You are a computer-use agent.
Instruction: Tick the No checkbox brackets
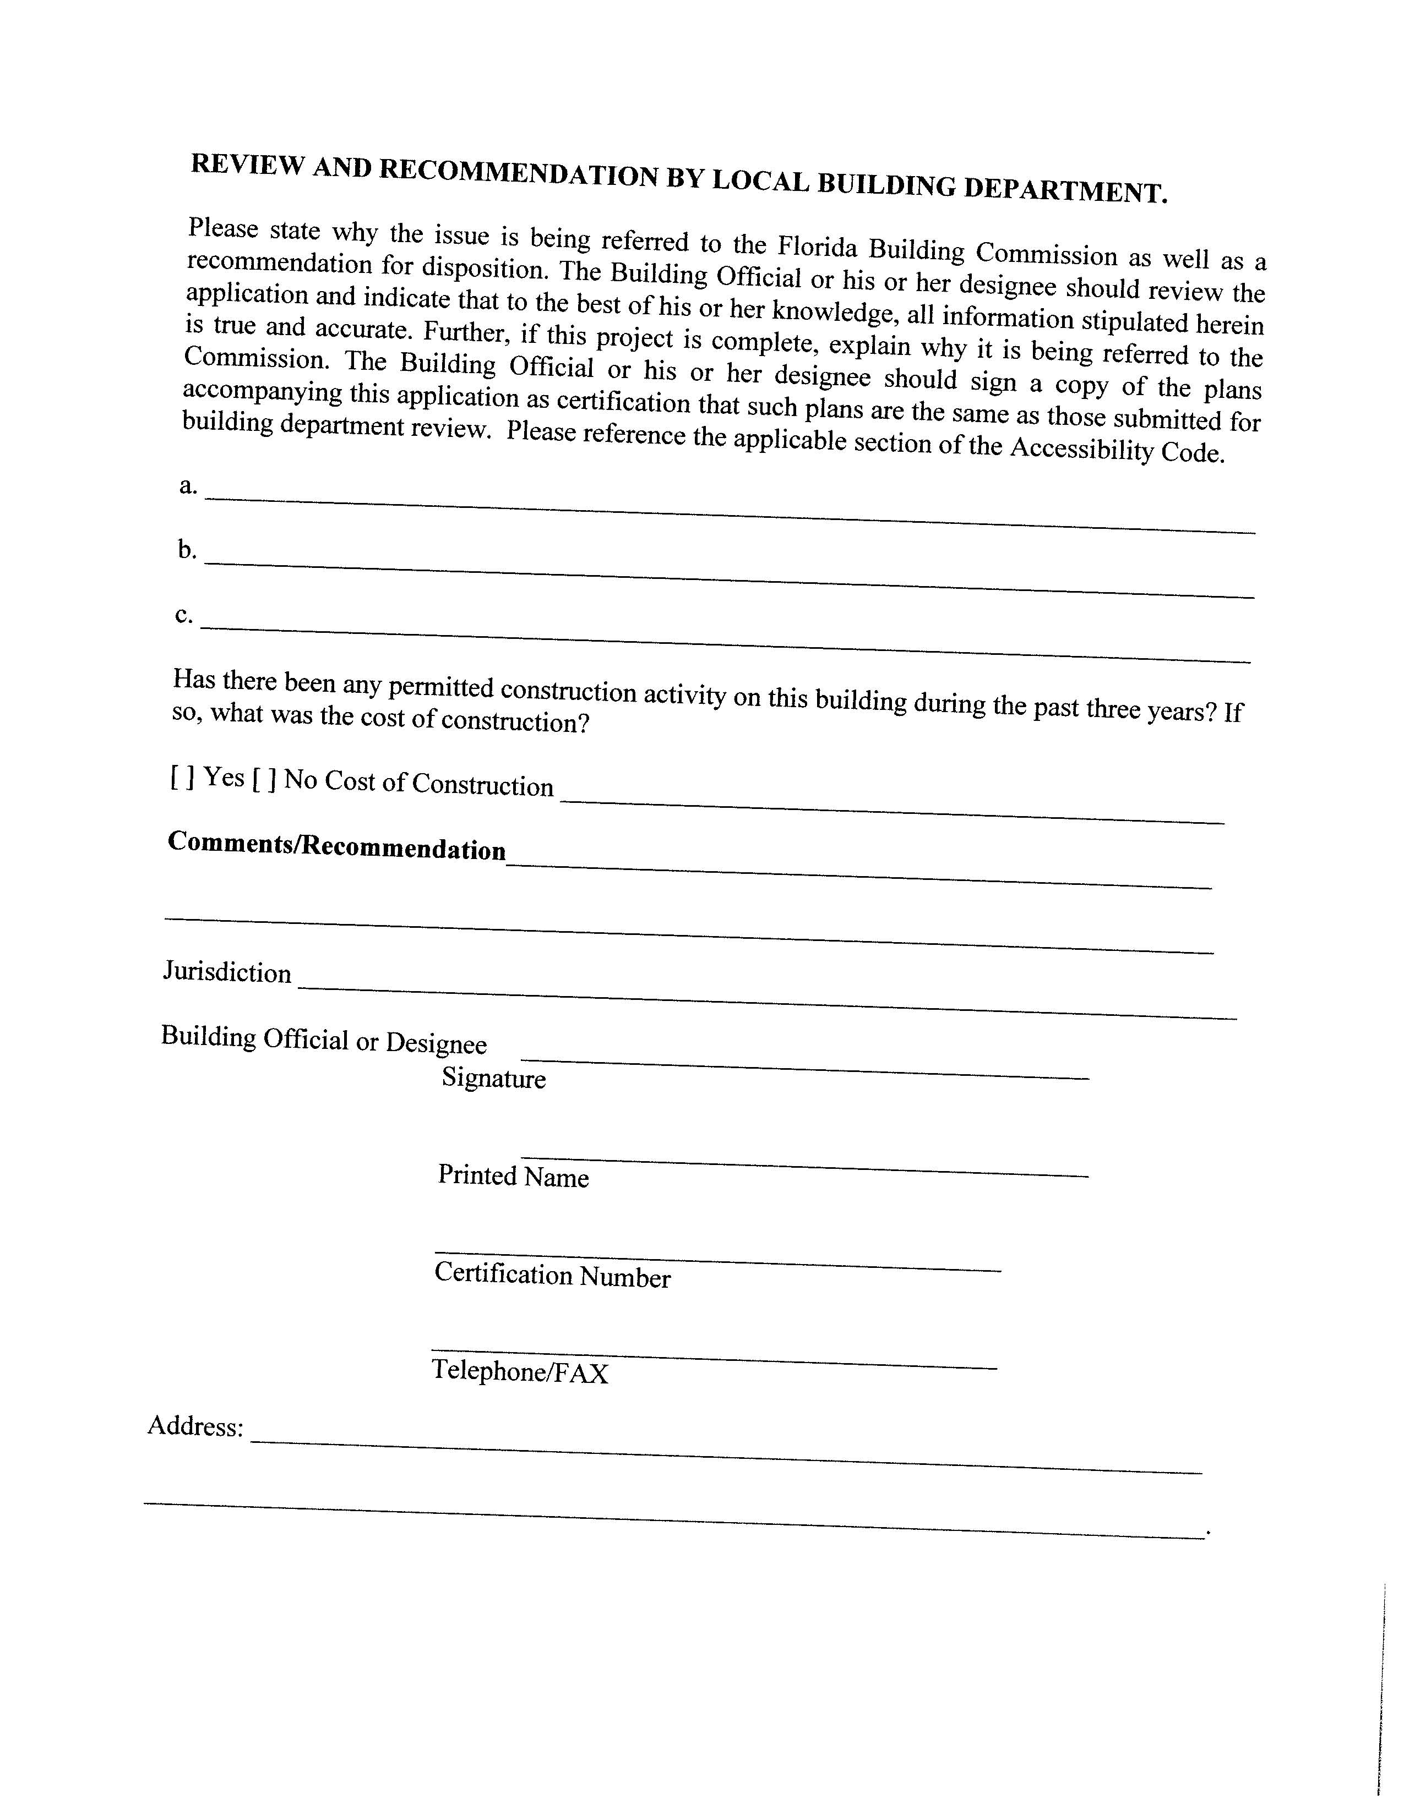[265, 779]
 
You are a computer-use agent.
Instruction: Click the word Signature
[494, 1079]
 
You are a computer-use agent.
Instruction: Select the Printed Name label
[513, 1176]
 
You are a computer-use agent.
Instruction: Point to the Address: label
[195, 1426]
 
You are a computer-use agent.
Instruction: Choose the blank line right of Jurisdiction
[767, 1002]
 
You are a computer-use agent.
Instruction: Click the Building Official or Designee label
[324, 1040]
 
